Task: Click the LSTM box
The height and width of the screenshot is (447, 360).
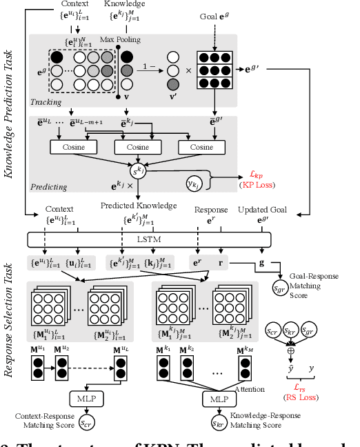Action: [x=158, y=238]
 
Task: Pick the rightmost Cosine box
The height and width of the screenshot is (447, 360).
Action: [x=201, y=147]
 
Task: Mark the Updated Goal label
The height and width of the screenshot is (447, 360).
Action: [x=263, y=209]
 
